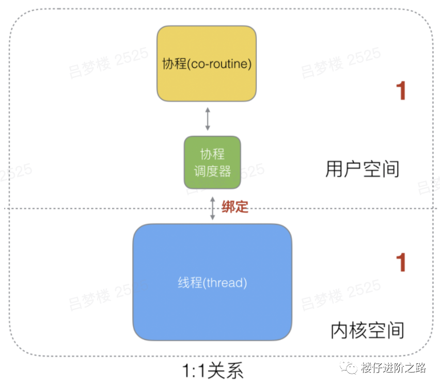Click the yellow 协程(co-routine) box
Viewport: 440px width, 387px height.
[x=207, y=63]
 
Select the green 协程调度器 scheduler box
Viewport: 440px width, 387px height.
[x=212, y=162]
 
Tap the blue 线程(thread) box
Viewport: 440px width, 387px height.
[x=212, y=282]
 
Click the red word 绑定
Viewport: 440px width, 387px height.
[x=235, y=207]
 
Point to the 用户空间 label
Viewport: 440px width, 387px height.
[x=362, y=169]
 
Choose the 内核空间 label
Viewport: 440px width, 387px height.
[x=367, y=330]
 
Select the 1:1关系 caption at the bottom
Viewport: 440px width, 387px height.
[x=212, y=370]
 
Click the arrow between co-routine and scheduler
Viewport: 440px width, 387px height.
[x=208, y=119]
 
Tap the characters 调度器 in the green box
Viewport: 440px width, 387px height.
[x=212, y=171]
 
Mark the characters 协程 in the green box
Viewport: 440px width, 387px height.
[x=212, y=154]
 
